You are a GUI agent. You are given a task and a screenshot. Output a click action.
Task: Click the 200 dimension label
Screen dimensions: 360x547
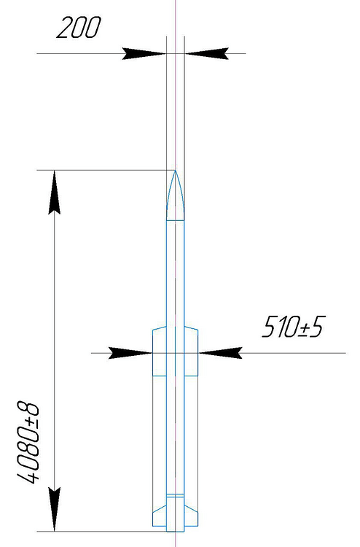[79, 27]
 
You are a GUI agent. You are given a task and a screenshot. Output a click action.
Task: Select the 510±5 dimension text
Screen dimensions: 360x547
[293, 327]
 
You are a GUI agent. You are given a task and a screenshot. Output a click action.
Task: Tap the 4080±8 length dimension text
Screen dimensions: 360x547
[27, 443]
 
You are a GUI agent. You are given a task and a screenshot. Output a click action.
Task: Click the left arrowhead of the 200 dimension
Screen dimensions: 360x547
[144, 54]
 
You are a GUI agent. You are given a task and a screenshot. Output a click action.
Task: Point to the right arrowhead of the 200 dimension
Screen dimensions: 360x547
[207, 54]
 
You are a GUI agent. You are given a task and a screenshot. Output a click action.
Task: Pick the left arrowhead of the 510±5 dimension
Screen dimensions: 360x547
[130, 353]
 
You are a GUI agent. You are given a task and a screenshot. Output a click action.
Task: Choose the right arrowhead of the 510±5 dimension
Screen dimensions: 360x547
[220, 353]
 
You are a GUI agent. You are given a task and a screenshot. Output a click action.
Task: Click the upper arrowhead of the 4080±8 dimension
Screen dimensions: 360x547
[54, 192]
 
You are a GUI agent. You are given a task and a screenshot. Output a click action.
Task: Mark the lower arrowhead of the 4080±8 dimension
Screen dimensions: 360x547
[54, 509]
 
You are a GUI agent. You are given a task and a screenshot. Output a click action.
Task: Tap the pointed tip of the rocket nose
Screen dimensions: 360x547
[176, 171]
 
